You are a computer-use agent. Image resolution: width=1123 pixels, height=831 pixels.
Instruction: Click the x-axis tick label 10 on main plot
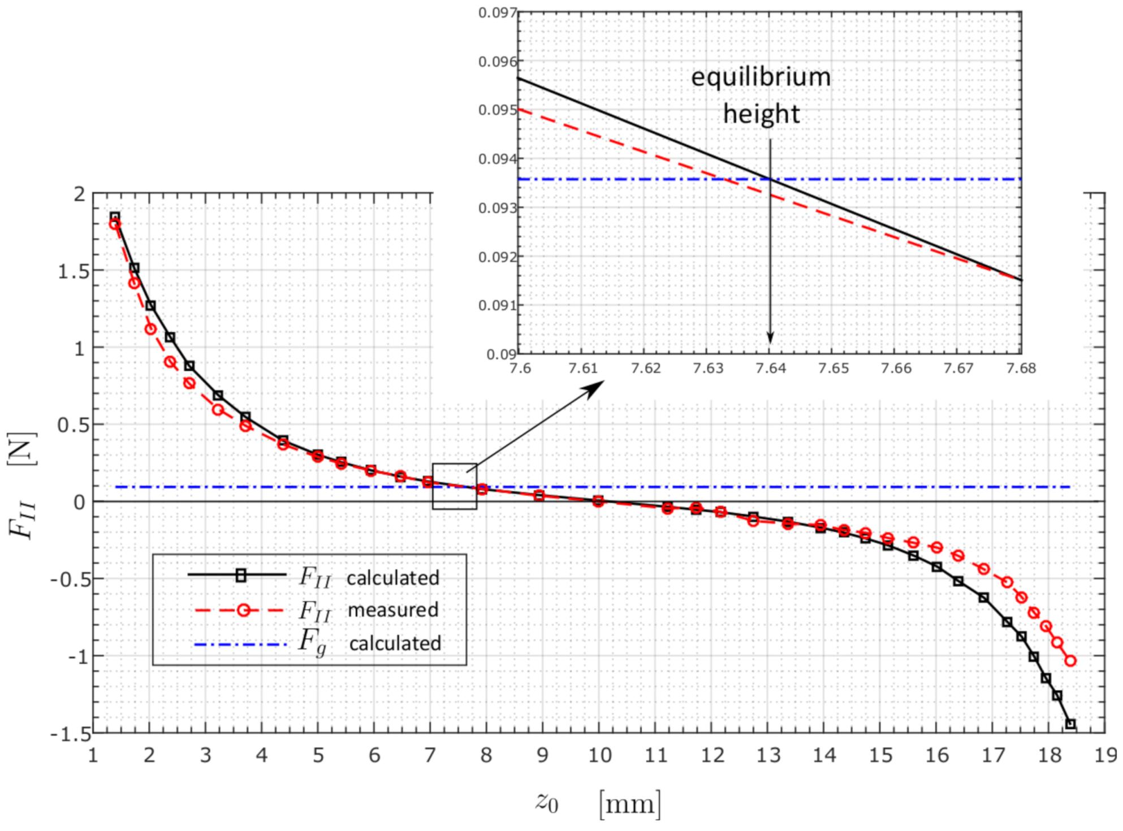(599, 755)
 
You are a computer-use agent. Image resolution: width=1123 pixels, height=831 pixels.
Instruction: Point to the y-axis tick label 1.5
(74, 271)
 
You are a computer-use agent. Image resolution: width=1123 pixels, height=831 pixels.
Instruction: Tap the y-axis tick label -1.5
(71, 734)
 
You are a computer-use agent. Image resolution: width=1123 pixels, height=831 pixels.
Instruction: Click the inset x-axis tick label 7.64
(771, 369)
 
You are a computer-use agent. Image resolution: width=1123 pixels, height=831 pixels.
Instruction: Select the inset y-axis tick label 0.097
(498, 12)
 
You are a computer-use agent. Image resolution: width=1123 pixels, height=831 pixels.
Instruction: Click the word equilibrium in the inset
(761, 77)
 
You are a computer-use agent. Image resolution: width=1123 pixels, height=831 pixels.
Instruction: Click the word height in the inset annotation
(761, 114)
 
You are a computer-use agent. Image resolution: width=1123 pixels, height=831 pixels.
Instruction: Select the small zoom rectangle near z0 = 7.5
(455, 487)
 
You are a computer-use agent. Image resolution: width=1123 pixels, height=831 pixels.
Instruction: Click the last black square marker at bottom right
(1070, 724)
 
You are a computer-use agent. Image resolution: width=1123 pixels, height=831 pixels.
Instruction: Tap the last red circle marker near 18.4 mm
(1070, 661)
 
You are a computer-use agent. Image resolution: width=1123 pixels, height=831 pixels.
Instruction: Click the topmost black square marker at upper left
(115, 217)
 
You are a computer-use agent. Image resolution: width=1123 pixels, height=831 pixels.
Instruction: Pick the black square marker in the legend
(241, 575)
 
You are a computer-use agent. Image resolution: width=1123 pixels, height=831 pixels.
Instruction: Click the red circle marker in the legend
(243, 610)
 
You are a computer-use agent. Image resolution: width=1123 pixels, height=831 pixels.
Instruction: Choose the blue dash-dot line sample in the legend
(240, 644)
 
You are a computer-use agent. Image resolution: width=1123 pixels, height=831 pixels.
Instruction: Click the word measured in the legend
(393, 610)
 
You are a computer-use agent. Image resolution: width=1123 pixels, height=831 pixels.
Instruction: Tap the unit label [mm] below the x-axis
(630, 803)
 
